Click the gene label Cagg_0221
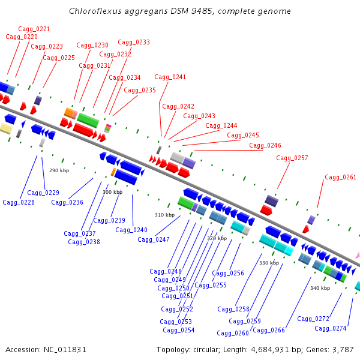point(34,29)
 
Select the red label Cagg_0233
point(134,42)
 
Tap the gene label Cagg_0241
point(170,77)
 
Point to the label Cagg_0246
point(265,145)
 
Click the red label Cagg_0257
point(292,158)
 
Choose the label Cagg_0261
point(340,177)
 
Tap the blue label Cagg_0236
point(67,202)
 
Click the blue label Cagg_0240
point(131,230)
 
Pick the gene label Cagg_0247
point(154,239)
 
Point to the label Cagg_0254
point(179,330)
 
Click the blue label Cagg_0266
point(269,330)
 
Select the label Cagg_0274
point(331,328)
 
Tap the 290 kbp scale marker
point(59,171)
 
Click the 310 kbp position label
point(164,215)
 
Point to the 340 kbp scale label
point(320,288)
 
